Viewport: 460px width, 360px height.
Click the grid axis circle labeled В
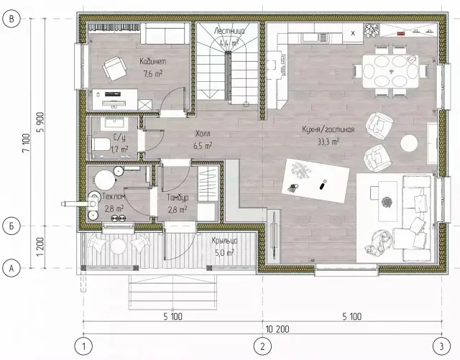pyautogui.click(x=11, y=19)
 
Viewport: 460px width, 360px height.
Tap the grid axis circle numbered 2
pyautogui.click(x=262, y=346)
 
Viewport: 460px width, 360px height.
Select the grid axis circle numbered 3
pyautogui.click(x=441, y=346)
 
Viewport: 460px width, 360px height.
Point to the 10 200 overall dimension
pyautogui.click(x=277, y=329)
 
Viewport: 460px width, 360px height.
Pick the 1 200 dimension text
pyautogui.click(x=40, y=246)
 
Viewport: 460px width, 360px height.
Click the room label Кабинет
pyautogui.click(x=152, y=61)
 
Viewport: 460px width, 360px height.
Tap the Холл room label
pyautogui.click(x=203, y=134)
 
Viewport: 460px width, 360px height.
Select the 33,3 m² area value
pyautogui.click(x=328, y=142)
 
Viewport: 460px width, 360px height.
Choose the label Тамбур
pyautogui.click(x=178, y=198)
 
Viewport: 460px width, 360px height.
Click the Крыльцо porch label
pyautogui.click(x=224, y=241)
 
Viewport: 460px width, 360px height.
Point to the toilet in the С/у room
pyautogui.click(x=101, y=144)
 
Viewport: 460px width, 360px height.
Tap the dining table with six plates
pyautogui.click(x=390, y=71)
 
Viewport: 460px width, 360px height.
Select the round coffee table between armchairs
pyautogui.click(x=409, y=143)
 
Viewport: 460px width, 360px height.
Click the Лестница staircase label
pyautogui.click(x=229, y=31)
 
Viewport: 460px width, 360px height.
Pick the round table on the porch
pyautogui.click(x=118, y=246)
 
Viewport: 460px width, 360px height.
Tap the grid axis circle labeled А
pyautogui.click(x=11, y=268)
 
